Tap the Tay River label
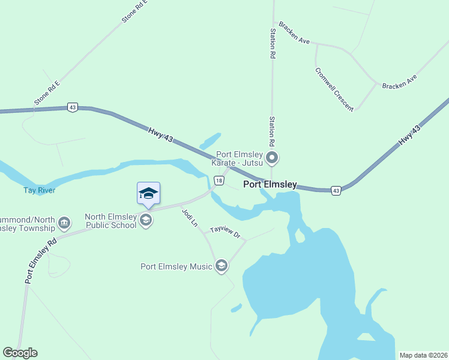click(40, 191)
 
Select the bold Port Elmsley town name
click(270, 184)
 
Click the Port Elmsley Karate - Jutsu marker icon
click(273, 158)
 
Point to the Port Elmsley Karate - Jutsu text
click(237, 157)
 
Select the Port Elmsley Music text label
click(176, 266)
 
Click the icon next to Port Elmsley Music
click(221, 266)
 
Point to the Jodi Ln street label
click(189, 217)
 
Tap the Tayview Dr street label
click(225, 233)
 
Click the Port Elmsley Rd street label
click(41, 259)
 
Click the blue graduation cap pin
click(148, 194)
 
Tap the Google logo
click(20, 353)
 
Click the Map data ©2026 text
click(422, 355)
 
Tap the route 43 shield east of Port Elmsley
click(336, 190)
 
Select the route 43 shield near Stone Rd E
click(73, 107)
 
